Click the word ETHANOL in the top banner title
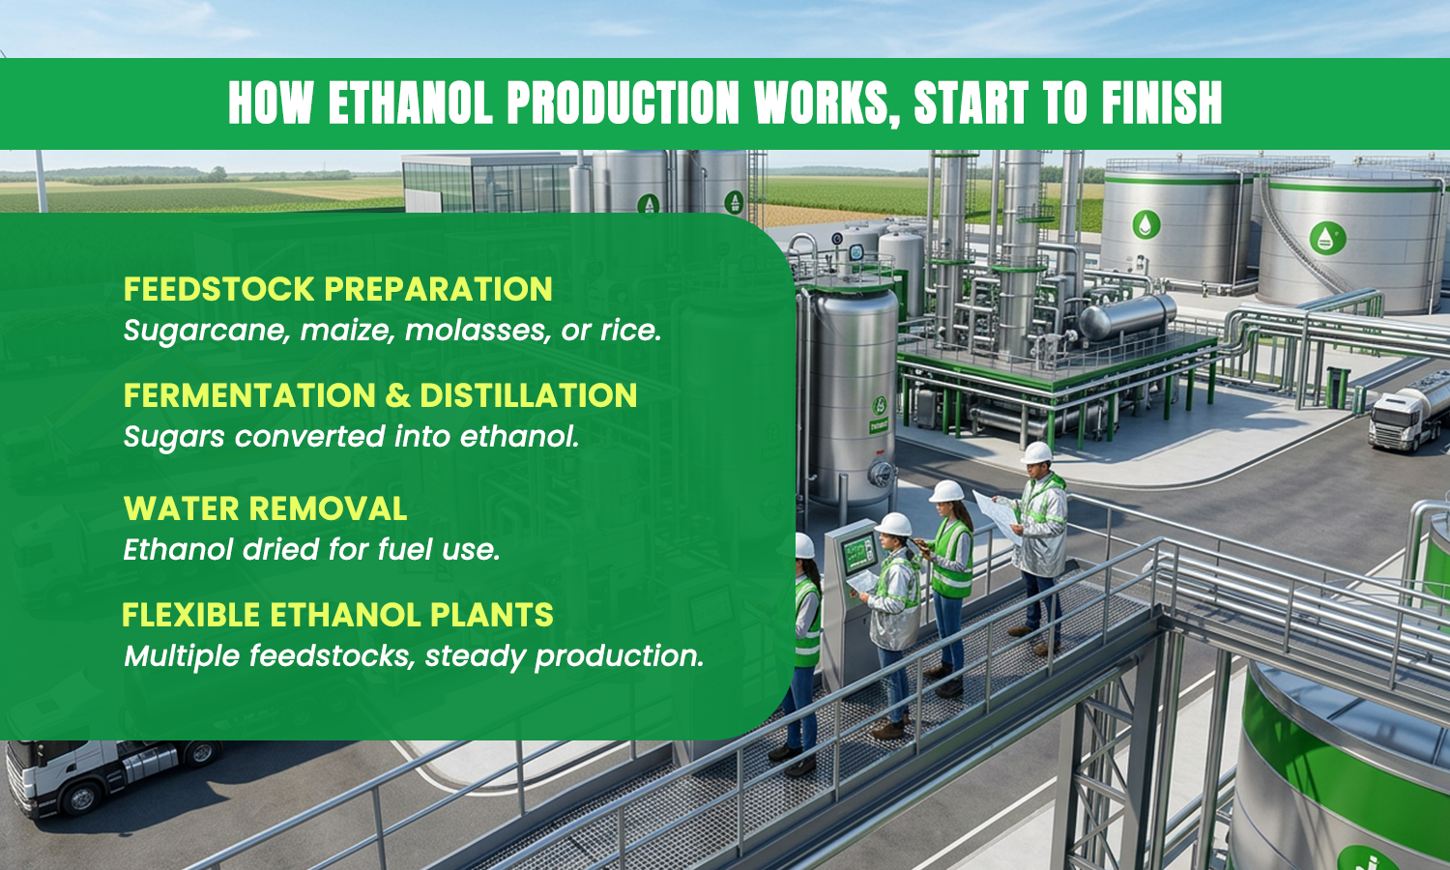pos(411,102)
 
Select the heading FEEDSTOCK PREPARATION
pos(338,289)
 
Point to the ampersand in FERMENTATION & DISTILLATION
pos(398,395)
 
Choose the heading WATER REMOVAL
pos(266,508)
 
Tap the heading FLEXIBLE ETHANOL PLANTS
pos(338,615)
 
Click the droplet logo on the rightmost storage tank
pos(1327,238)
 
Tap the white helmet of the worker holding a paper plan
pos(1036,452)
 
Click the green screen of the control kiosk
pos(858,556)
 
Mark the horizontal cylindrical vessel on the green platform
pos(1127,316)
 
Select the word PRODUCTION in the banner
pos(623,102)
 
